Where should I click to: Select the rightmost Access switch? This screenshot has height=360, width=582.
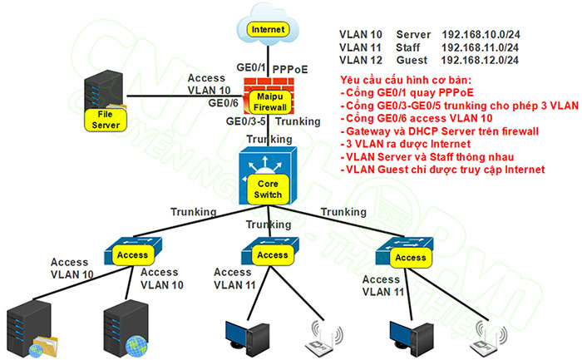[408, 254]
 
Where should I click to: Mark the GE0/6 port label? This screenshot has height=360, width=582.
[222, 103]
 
